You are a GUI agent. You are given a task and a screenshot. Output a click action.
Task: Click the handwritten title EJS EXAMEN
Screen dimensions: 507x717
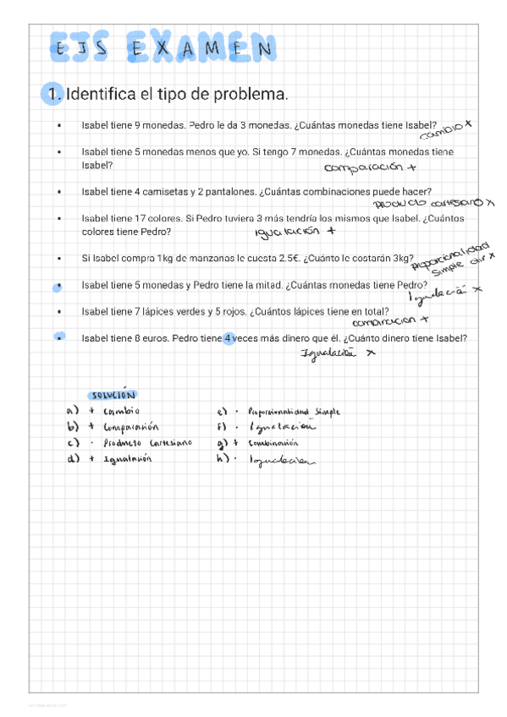pos(162,49)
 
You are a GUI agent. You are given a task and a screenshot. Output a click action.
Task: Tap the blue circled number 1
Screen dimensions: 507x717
pos(53,92)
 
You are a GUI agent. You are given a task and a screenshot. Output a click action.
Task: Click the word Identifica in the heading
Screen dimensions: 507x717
pos(101,92)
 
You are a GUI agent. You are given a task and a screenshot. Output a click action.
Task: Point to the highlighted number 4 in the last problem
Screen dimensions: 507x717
pos(228,339)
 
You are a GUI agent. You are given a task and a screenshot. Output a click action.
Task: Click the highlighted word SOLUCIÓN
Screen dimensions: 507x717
pos(112,394)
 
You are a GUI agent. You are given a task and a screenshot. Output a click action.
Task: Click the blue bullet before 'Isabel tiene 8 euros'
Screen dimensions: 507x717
pos(58,339)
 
